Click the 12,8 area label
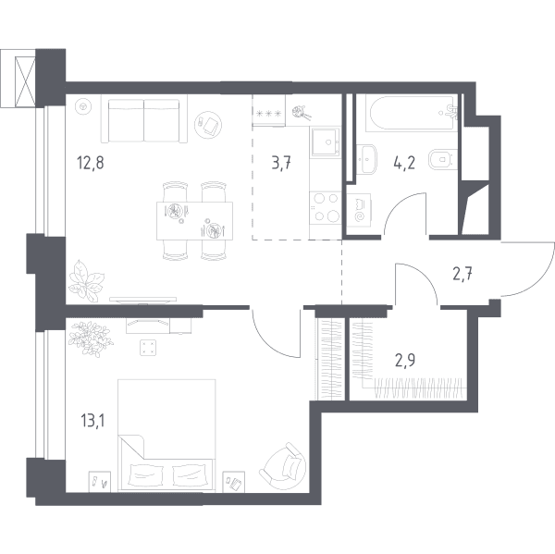91,164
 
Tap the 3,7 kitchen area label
281,164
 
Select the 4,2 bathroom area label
404,163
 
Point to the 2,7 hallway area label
463,274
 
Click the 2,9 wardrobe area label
405,361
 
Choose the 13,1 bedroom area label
92,421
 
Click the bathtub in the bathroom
412,113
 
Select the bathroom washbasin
366,159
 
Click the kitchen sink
326,142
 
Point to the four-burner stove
326,207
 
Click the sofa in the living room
144,119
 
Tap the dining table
194,221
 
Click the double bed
166,435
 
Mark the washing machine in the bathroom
359,212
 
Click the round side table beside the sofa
208,124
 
